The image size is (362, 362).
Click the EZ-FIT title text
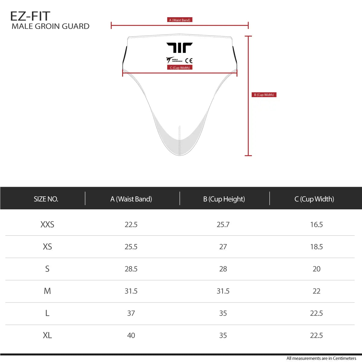(x=30, y=16)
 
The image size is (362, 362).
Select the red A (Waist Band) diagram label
(x=179, y=20)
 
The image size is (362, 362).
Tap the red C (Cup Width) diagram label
(x=180, y=68)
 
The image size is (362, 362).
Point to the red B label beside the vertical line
(x=264, y=95)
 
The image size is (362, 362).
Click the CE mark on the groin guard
(x=189, y=61)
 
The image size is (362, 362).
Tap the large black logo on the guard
(x=179, y=48)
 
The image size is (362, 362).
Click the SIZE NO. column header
(x=46, y=199)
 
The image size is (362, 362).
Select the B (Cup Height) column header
(x=224, y=199)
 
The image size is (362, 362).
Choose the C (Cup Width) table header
(x=314, y=199)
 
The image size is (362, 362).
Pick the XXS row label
(x=47, y=224)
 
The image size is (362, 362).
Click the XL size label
(x=47, y=335)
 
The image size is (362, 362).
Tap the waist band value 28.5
(x=131, y=269)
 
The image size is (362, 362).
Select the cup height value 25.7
(x=223, y=224)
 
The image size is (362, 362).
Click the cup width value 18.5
(x=316, y=247)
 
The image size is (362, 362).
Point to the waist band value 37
(x=131, y=313)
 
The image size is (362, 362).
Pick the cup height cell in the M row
(x=223, y=291)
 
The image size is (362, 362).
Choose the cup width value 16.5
(x=316, y=224)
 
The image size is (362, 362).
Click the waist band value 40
(x=131, y=335)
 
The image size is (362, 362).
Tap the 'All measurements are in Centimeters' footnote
(x=321, y=358)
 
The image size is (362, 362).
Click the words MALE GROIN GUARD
(x=50, y=26)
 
